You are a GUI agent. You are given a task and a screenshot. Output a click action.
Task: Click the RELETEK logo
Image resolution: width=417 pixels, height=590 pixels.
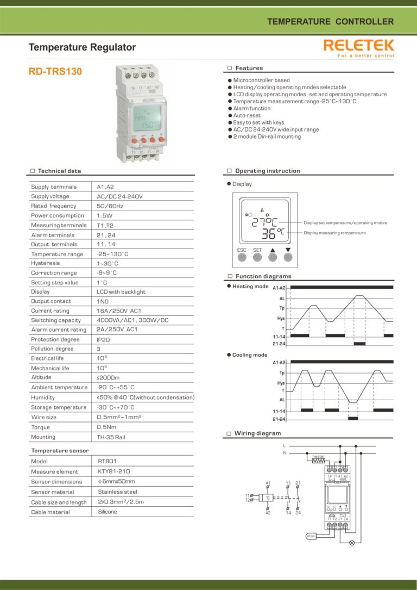pyautogui.click(x=358, y=46)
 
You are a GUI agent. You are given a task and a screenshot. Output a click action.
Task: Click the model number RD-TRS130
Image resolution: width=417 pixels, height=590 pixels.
pyautogui.click(x=55, y=71)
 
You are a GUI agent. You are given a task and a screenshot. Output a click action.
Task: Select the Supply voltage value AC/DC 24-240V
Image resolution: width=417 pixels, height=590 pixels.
pyautogui.click(x=119, y=196)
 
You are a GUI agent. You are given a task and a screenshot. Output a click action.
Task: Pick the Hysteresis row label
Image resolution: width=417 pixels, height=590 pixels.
pyautogui.click(x=46, y=263)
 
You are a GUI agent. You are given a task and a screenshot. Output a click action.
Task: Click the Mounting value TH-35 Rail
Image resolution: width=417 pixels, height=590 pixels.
pyautogui.click(x=111, y=437)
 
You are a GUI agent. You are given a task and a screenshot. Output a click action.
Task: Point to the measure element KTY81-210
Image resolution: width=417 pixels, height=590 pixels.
pyautogui.click(x=114, y=471)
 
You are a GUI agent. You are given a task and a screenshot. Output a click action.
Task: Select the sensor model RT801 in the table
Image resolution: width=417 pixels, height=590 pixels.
pyautogui.click(x=108, y=461)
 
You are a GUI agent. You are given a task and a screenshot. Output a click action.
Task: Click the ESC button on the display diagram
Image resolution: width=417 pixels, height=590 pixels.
pyautogui.click(x=242, y=256)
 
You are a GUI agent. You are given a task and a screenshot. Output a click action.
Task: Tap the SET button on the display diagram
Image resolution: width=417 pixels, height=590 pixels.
pyautogui.click(x=257, y=256)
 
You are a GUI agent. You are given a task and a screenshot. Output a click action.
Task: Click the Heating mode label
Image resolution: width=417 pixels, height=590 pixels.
pyautogui.click(x=250, y=287)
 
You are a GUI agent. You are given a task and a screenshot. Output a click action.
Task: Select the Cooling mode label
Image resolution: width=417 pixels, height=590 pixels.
pyautogui.click(x=250, y=355)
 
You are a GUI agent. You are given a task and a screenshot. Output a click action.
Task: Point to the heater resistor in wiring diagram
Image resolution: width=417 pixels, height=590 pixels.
pyautogui.click(x=318, y=461)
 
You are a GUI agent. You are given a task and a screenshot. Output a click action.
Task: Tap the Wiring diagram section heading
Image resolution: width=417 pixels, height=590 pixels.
pyautogui.click(x=257, y=433)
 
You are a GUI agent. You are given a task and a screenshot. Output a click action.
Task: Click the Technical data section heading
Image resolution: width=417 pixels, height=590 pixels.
pyautogui.click(x=59, y=171)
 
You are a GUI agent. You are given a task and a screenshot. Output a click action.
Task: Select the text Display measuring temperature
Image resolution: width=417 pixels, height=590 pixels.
pyautogui.click(x=334, y=233)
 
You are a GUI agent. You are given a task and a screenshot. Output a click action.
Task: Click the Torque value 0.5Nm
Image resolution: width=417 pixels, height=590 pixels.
pyautogui.click(x=106, y=427)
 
